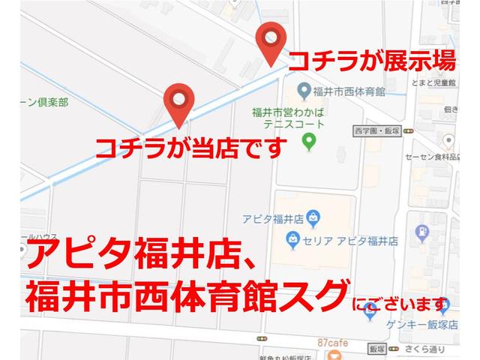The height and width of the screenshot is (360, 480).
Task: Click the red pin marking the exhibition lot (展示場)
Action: coord(270,42)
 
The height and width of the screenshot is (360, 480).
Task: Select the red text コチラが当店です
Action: coord(191,147)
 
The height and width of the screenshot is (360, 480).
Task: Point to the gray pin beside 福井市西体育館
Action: coord(304,91)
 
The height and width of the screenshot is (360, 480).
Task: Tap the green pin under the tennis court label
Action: coord(307,141)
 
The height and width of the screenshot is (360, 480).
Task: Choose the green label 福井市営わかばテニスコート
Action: coord(289,118)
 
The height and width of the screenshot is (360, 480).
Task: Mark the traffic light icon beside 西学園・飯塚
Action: coord(409,130)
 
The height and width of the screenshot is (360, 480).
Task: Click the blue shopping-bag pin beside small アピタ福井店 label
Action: coord(312,219)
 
